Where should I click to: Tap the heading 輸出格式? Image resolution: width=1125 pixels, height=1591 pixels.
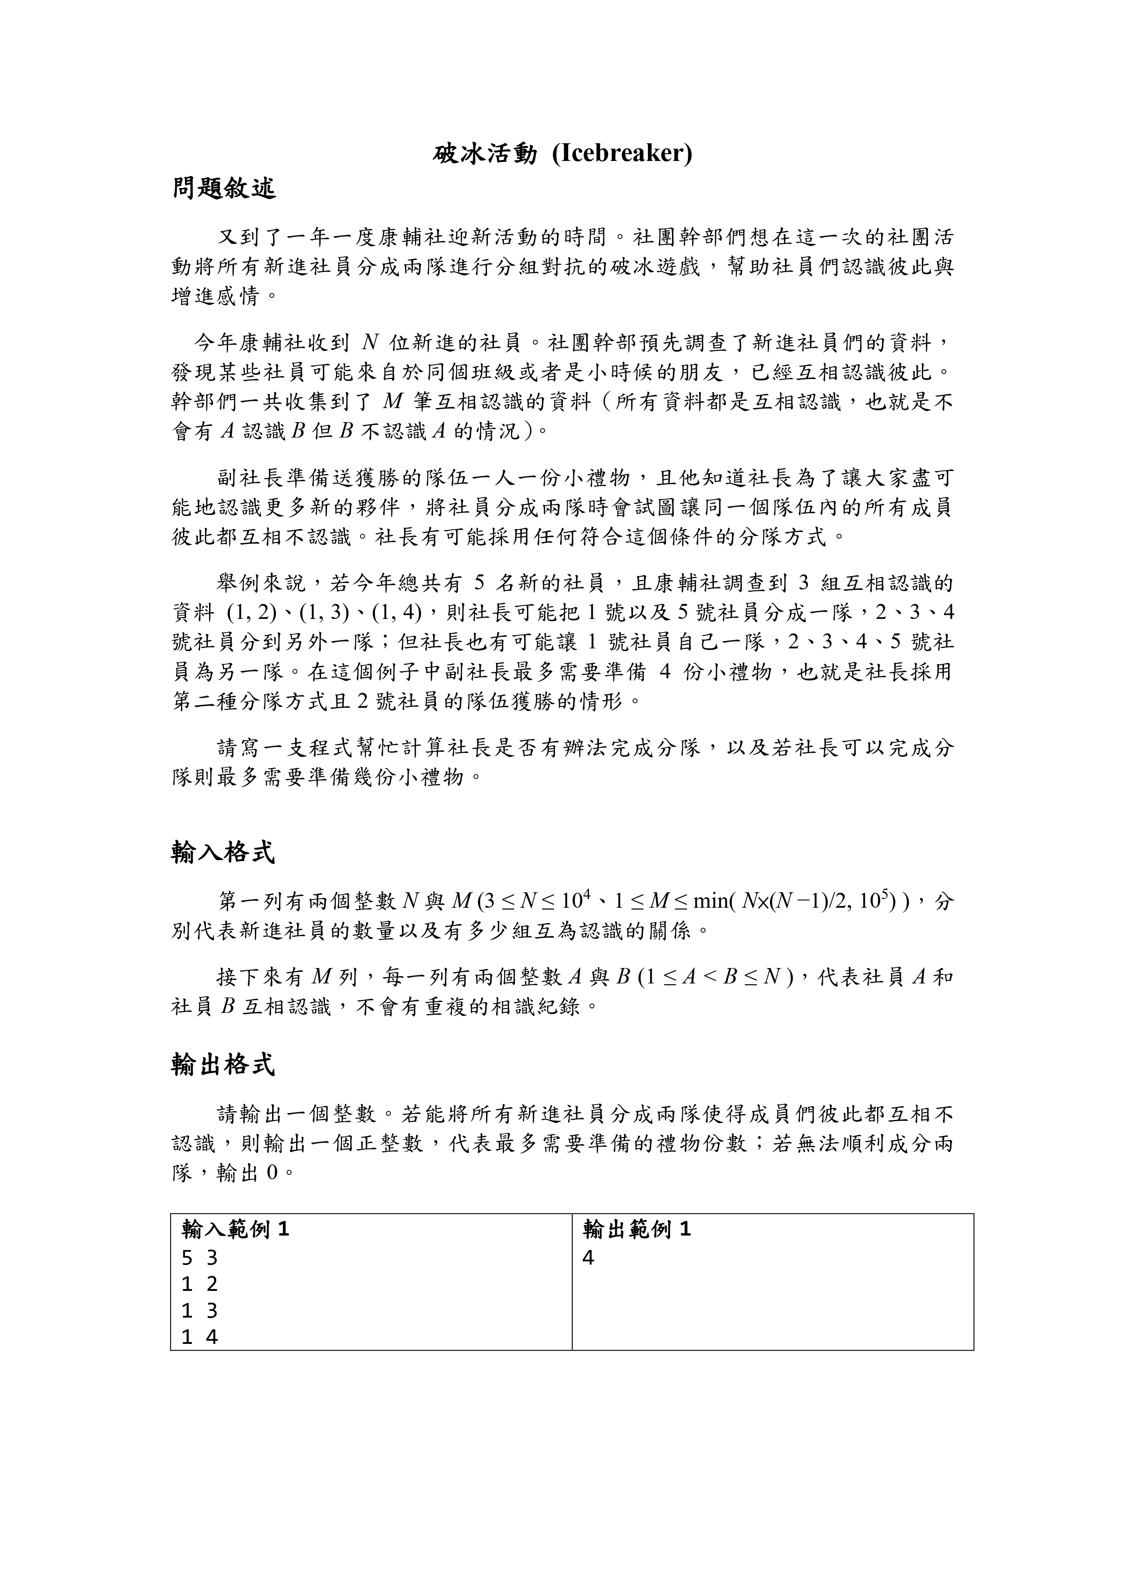click(x=223, y=1064)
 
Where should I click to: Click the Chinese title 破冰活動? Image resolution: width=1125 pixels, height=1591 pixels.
click(x=485, y=154)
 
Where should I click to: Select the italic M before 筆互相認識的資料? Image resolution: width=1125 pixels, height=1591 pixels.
click(x=392, y=401)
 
